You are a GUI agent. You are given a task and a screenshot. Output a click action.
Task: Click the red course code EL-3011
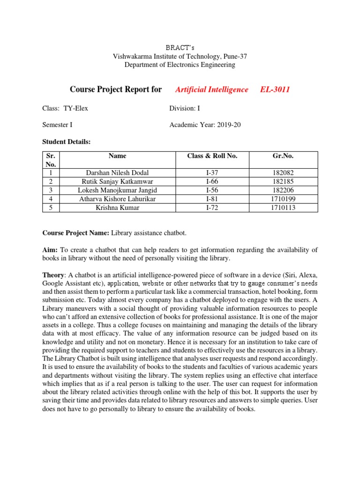pyautogui.click(x=275, y=90)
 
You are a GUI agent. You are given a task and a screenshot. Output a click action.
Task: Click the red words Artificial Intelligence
pyautogui.click(x=211, y=90)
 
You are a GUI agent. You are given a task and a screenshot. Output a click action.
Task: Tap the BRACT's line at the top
pyautogui.click(x=180, y=47)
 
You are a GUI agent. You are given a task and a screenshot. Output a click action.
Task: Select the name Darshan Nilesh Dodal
pyautogui.click(x=117, y=173)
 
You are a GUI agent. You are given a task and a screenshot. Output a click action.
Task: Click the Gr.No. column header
pyautogui.click(x=283, y=156)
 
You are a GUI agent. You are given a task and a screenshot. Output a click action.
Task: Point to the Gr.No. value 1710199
pyautogui.click(x=283, y=199)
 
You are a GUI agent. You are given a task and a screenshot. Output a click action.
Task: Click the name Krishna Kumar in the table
pyautogui.click(x=117, y=207)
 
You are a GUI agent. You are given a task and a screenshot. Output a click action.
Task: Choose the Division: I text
pyautogui.click(x=185, y=108)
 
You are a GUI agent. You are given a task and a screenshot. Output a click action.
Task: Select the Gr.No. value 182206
pyautogui.click(x=283, y=190)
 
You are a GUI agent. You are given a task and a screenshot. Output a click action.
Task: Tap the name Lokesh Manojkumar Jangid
pyautogui.click(x=117, y=190)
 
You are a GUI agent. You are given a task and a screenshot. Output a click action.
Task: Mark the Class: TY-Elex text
pyautogui.click(x=65, y=108)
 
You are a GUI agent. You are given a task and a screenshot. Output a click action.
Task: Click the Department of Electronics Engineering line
pyautogui.click(x=180, y=65)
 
